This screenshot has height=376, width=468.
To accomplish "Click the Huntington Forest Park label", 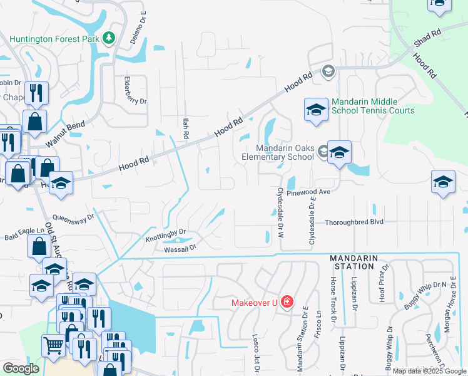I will (x=54, y=39).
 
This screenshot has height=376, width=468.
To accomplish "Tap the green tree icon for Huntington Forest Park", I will (x=109, y=39).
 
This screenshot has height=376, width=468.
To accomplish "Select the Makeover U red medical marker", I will (x=287, y=303).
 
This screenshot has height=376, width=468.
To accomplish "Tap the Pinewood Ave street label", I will (x=308, y=192).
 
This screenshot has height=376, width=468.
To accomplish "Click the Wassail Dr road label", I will (x=180, y=248).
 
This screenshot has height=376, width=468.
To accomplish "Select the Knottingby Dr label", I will (x=166, y=236).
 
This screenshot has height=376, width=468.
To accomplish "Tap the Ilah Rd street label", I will (x=185, y=130).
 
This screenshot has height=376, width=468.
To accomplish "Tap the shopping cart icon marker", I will (x=53, y=344).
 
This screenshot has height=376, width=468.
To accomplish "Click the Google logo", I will (x=21, y=368).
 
